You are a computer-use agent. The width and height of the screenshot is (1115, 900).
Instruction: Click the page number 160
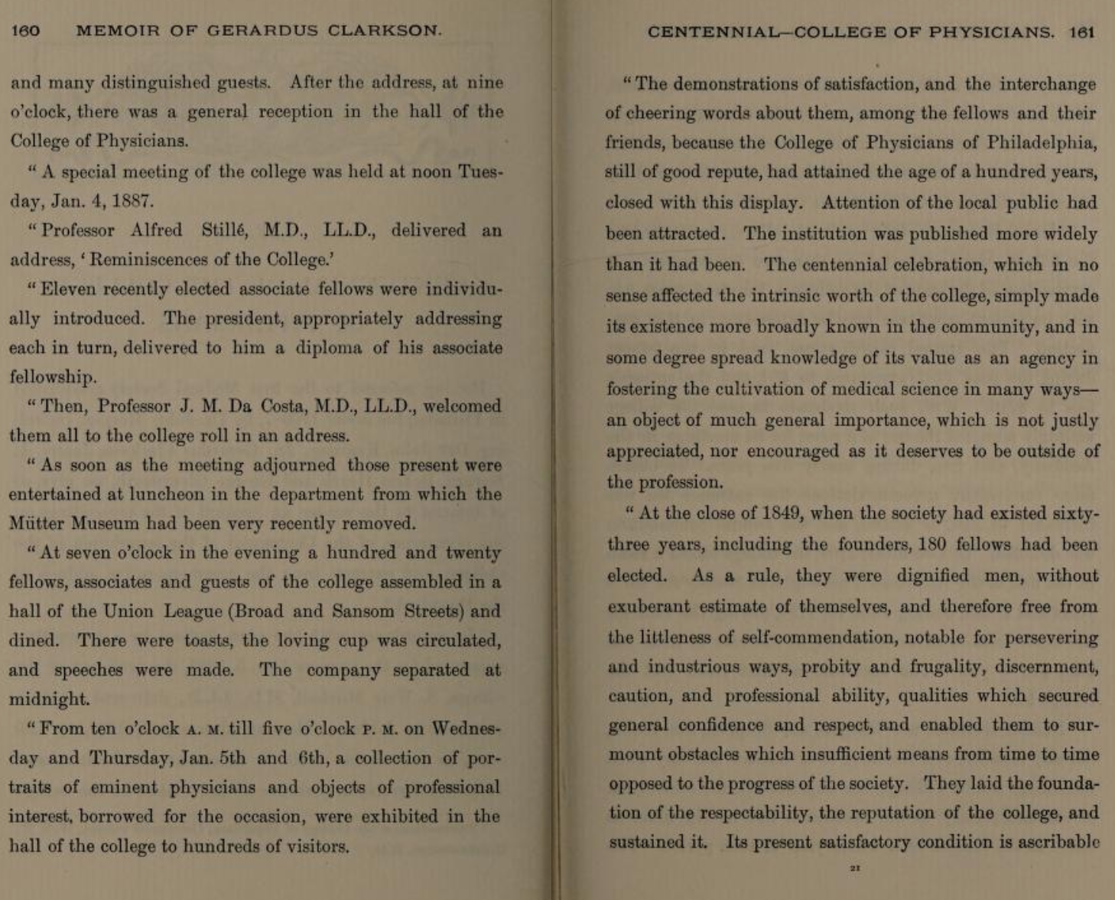click(x=25, y=31)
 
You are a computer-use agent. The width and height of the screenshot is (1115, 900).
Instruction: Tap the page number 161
click(x=1082, y=32)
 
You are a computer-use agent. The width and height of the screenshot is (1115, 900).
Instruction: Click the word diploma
click(x=329, y=347)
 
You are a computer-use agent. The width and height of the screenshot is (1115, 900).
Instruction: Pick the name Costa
click(x=282, y=406)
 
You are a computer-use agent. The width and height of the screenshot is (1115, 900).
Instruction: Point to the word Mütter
click(x=37, y=524)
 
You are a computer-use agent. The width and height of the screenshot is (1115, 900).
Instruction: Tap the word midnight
click(x=48, y=699)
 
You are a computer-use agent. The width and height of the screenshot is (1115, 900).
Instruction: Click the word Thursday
click(x=132, y=758)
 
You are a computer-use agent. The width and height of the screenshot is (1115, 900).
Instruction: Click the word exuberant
click(x=651, y=607)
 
